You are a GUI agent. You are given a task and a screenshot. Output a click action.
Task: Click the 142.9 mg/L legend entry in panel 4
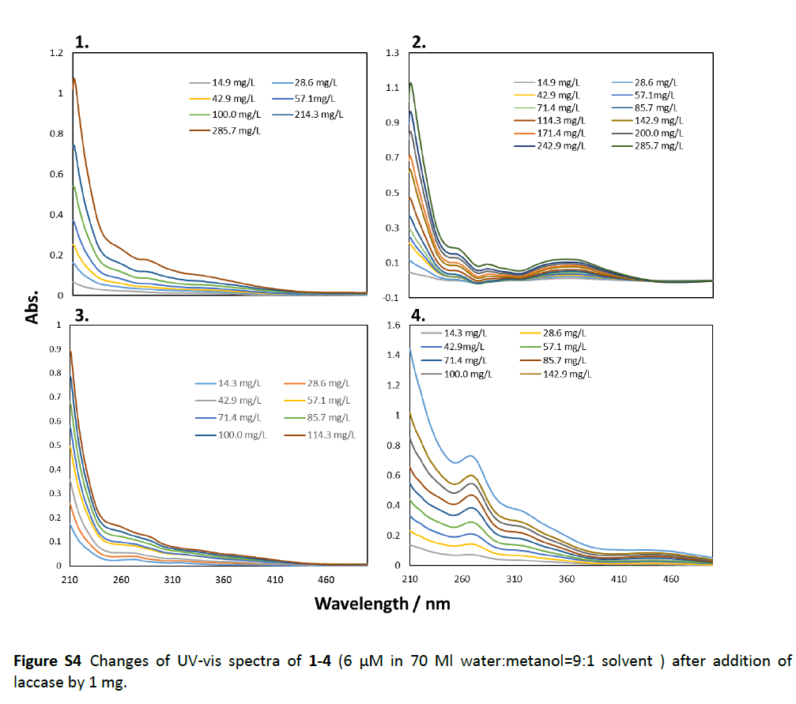tap(566, 374)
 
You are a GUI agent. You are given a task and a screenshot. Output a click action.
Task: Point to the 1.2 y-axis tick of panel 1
tap(56, 53)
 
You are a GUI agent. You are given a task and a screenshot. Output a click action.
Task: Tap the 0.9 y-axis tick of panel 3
tap(55, 349)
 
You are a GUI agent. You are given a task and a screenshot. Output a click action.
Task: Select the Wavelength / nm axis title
tap(383, 604)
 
